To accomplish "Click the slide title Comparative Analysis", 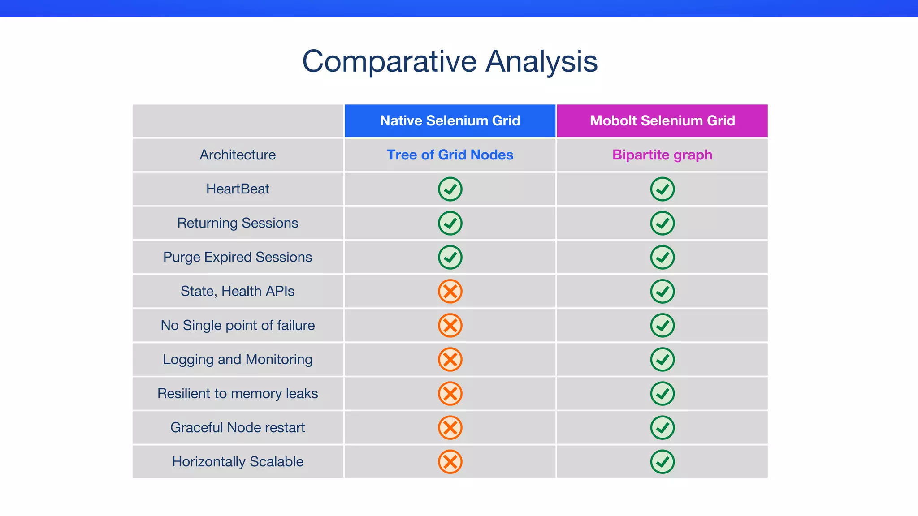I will coord(450,61).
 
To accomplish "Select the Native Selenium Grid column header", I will coord(450,120).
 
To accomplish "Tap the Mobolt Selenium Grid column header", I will coord(662,120).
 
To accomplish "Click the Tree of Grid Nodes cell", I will coord(450,155).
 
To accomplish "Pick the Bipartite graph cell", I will coord(662,155).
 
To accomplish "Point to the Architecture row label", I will coord(238,155).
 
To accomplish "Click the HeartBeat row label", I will coord(238,189).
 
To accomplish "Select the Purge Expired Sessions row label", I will coord(238,257).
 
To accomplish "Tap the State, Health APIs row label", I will coord(238,291).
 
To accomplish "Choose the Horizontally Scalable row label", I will coord(238,461).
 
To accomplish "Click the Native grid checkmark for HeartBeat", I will coord(450,189).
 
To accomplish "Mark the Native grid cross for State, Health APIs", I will coord(450,291).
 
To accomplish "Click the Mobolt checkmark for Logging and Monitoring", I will coord(662,359).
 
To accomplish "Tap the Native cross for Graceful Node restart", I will coord(450,427).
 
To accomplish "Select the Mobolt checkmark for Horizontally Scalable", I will coord(662,461).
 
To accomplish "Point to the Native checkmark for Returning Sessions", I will coord(450,223).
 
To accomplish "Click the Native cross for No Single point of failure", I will coord(450,325).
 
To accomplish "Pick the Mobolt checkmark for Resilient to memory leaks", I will coord(662,393).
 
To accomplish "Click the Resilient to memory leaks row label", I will coord(238,393).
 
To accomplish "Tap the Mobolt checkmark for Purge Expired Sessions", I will coord(662,257).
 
